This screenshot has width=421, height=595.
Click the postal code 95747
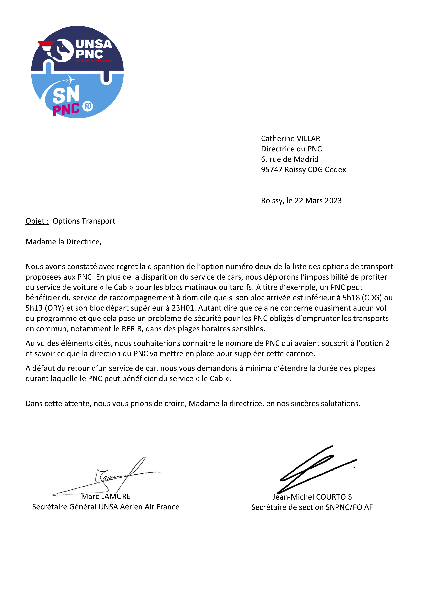click(x=272, y=170)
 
